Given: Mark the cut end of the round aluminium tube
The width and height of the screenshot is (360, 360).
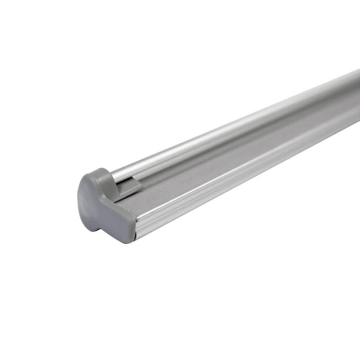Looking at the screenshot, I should [114, 176].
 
